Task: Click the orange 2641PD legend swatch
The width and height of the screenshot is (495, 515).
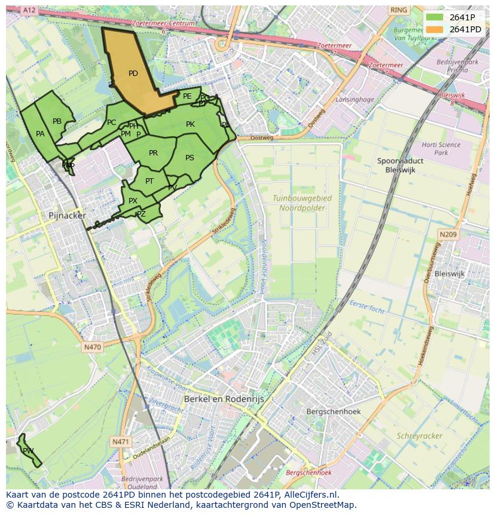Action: pyautogui.click(x=435, y=29)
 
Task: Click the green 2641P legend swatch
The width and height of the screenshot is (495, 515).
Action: pyautogui.click(x=435, y=17)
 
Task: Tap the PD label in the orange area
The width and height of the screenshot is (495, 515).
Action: pyautogui.click(x=133, y=74)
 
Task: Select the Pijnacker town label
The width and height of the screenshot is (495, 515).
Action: pyautogui.click(x=68, y=215)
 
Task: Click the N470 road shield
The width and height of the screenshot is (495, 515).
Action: pyautogui.click(x=92, y=347)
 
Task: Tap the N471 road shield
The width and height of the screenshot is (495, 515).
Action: pyautogui.click(x=120, y=441)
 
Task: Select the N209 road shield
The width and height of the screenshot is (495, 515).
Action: pyautogui.click(x=448, y=235)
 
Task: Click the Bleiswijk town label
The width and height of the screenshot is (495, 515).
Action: pyautogui.click(x=449, y=273)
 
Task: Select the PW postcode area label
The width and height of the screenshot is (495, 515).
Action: pyautogui.click(x=28, y=450)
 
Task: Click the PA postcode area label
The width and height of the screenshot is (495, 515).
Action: pyautogui.click(x=40, y=134)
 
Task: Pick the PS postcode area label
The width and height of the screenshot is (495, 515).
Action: pyautogui.click(x=190, y=158)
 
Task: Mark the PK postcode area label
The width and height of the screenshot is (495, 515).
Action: pyautogui.click(x=190, y=124)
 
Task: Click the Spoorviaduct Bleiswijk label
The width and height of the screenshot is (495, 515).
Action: pyautogui.click(x=401, y=165)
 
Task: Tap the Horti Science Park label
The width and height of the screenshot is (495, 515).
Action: pyautogui.click(x=441, y=148)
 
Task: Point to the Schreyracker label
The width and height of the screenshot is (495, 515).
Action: pyautogui.click(x=420, y=436)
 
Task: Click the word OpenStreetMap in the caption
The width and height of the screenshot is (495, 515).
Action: pyautogui.click(x=324, y=505)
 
